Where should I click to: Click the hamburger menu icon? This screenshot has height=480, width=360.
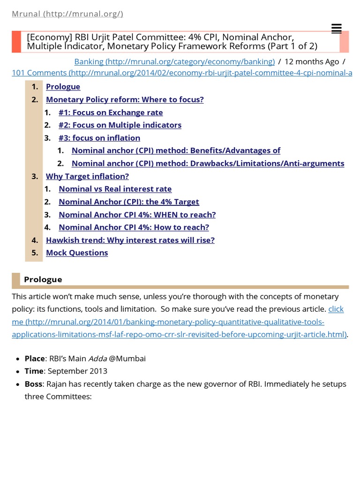pyautogui.click(x=336, y=29)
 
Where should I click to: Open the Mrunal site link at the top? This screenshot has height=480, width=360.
pyautogui.click(x=67, y=14)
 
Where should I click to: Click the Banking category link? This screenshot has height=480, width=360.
pyautogui.click(x=174, y=61)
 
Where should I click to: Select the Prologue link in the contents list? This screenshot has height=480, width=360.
pyautogui.click(x=63, y=87)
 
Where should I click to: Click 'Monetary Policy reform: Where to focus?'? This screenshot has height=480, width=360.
pyautogui.click(x=125, y=99)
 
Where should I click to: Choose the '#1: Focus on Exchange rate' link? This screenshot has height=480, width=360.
pyautogui.click(x=111, y=112)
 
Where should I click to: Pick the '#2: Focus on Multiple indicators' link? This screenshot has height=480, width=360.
pyautogui.click(x=120, y=125)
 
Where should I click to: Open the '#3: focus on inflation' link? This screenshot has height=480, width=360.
pyautogui.click(x=99, y=138)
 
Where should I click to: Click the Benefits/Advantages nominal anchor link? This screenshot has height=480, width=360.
pyautogui.click(x=176, y=150)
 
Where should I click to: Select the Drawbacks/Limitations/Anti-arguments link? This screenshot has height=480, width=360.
pyautogui.click(x=208, y=164)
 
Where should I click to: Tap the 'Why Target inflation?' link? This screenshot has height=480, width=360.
pyautogui.click(x=87, y=176)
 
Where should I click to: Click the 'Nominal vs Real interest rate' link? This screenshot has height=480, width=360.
pyautogui.click(x=115, y=189)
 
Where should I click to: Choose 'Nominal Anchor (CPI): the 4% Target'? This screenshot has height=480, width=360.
pyautogui.click(x=129, y=202)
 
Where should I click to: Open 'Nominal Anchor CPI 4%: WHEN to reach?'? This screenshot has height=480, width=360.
pyautogui.click(x=137, y=215)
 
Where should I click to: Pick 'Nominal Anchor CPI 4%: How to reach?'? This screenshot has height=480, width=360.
pyautogui.click(x=134, y=227)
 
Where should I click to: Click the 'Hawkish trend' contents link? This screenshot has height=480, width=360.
pyautogui.click(x=130, y=240)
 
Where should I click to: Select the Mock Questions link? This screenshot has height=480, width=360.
pyautogui.click(x=77, y=253)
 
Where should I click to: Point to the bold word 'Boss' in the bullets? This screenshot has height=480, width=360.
pyautogui.click(x=34, y=384)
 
